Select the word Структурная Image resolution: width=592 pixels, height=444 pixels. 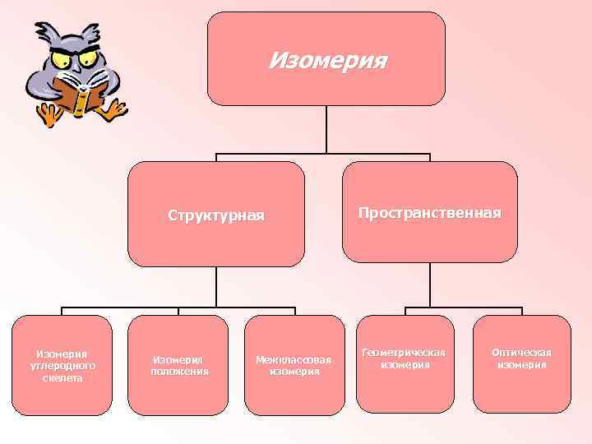[x=216, y=215]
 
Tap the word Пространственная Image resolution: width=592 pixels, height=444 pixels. [x=429, y=212]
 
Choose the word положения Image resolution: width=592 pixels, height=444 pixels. [x=179, y=371]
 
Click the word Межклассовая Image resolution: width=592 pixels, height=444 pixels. [x=294, y=359]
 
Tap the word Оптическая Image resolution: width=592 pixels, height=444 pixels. [x=521, y=353]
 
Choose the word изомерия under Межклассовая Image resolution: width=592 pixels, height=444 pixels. [x=294, y=372]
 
